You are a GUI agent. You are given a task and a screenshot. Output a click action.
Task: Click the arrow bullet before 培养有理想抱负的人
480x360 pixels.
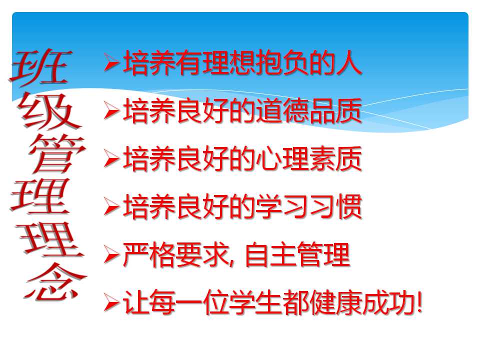(111, 64)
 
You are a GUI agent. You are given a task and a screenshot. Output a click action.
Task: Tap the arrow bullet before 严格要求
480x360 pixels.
(111, 256)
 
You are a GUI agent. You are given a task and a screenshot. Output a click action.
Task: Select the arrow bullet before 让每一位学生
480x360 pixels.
(111, 304)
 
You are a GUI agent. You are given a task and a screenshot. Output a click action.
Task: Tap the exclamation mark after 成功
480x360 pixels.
(419, 304)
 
